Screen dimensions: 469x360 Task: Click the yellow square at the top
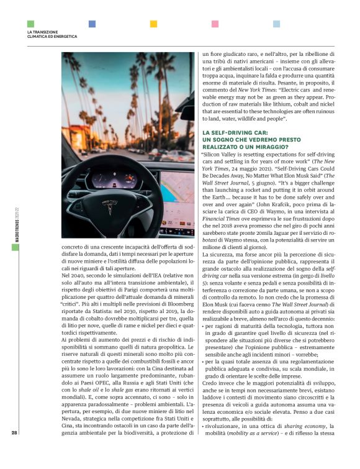(153, 24)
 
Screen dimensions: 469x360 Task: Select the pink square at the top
(215, 24)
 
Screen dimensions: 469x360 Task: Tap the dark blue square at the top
(92, 24)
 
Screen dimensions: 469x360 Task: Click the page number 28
(14, 451)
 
